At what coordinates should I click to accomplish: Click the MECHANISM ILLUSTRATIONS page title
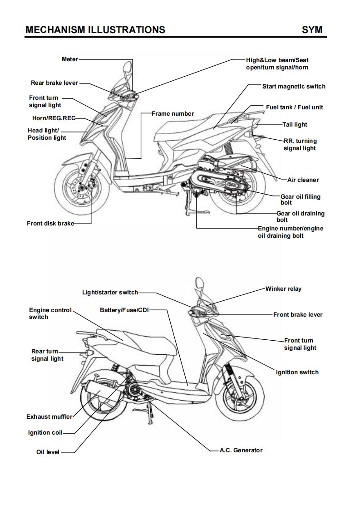[x=95, y=30]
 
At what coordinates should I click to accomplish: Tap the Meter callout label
[x=69, y=59]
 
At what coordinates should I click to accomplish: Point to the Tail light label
[x=295, y=124]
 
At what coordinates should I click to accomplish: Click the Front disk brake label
[x=50, y=223]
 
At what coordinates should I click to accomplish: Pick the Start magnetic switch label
[x=294, y=86]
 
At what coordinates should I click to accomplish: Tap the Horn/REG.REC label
[x=50, y=118]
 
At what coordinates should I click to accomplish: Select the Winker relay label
[x=283, y=289]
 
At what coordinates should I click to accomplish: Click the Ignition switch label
[x=297, y=372]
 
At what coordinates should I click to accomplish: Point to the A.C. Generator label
[x=241, y=450]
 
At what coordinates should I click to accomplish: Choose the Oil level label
[x=48, y=452]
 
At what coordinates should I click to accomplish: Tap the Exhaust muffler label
[x=49, y=416]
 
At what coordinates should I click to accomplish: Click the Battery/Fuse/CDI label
[x=124, y=310]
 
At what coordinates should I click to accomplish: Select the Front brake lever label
[x=298, y=314]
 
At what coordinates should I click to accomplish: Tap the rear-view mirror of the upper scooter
[x=127, y=68]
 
